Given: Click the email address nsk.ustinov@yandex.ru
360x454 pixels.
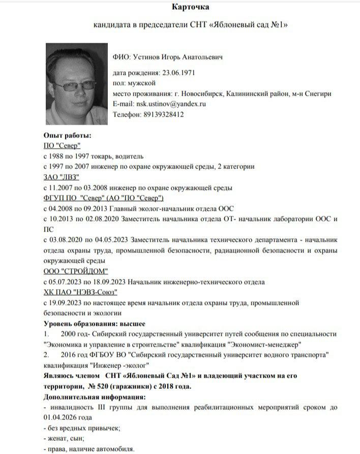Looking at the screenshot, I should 170,104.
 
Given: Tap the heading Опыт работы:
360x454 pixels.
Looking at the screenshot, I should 68,135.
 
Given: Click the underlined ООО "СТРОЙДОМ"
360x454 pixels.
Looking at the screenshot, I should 76,271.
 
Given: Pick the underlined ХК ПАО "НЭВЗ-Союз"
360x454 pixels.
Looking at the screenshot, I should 81,292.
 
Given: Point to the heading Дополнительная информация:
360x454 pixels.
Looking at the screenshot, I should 95,396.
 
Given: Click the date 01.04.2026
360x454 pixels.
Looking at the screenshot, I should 61,417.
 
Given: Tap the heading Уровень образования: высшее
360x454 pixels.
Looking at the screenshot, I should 95,323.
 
